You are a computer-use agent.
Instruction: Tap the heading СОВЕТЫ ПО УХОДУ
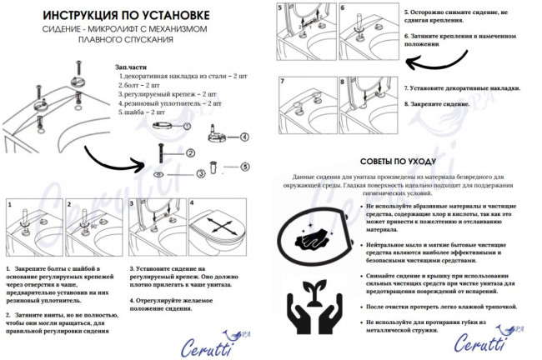pos(407,160)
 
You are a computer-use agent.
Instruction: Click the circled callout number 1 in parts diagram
pos(187,126)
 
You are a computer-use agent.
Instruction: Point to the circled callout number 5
pos(245,167)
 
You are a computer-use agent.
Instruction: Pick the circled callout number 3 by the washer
pos(200,173)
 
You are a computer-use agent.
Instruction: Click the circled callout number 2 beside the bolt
pos(190,152)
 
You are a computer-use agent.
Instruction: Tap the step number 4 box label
pos(193,203)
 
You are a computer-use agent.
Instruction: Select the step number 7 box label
pos(283,82)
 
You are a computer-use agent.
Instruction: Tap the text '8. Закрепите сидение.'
pos(441,104)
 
